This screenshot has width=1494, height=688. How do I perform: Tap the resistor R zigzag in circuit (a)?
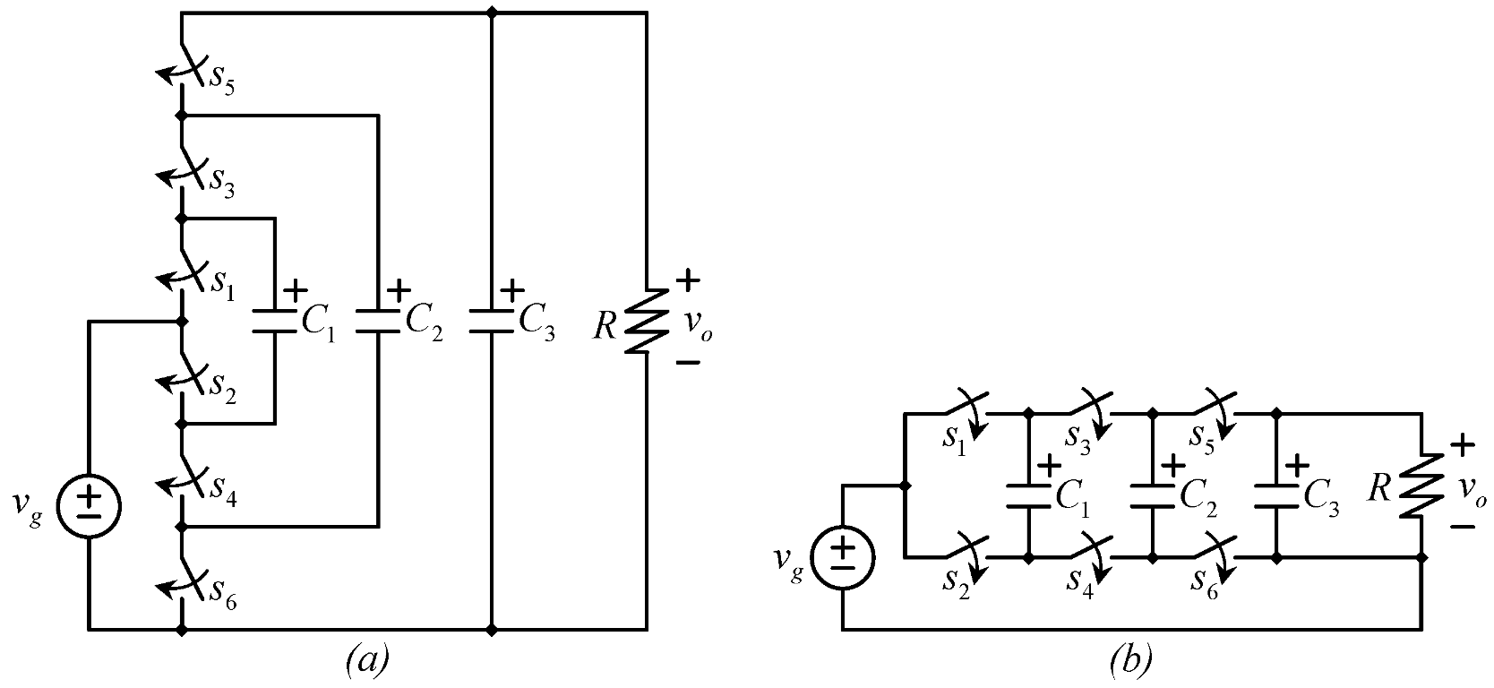pyautogui.click(x=647, y=321)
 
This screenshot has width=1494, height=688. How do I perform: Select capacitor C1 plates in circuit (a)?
pyautogui.click(x=274, y=322)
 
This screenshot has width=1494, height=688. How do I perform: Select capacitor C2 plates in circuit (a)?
pyautogui.click(x=378, y=322)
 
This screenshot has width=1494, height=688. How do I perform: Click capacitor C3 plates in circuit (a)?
pyautogui.click(x=491, y=322)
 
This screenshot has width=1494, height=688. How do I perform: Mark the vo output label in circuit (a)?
pyautogui.click(x=700, y=331)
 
